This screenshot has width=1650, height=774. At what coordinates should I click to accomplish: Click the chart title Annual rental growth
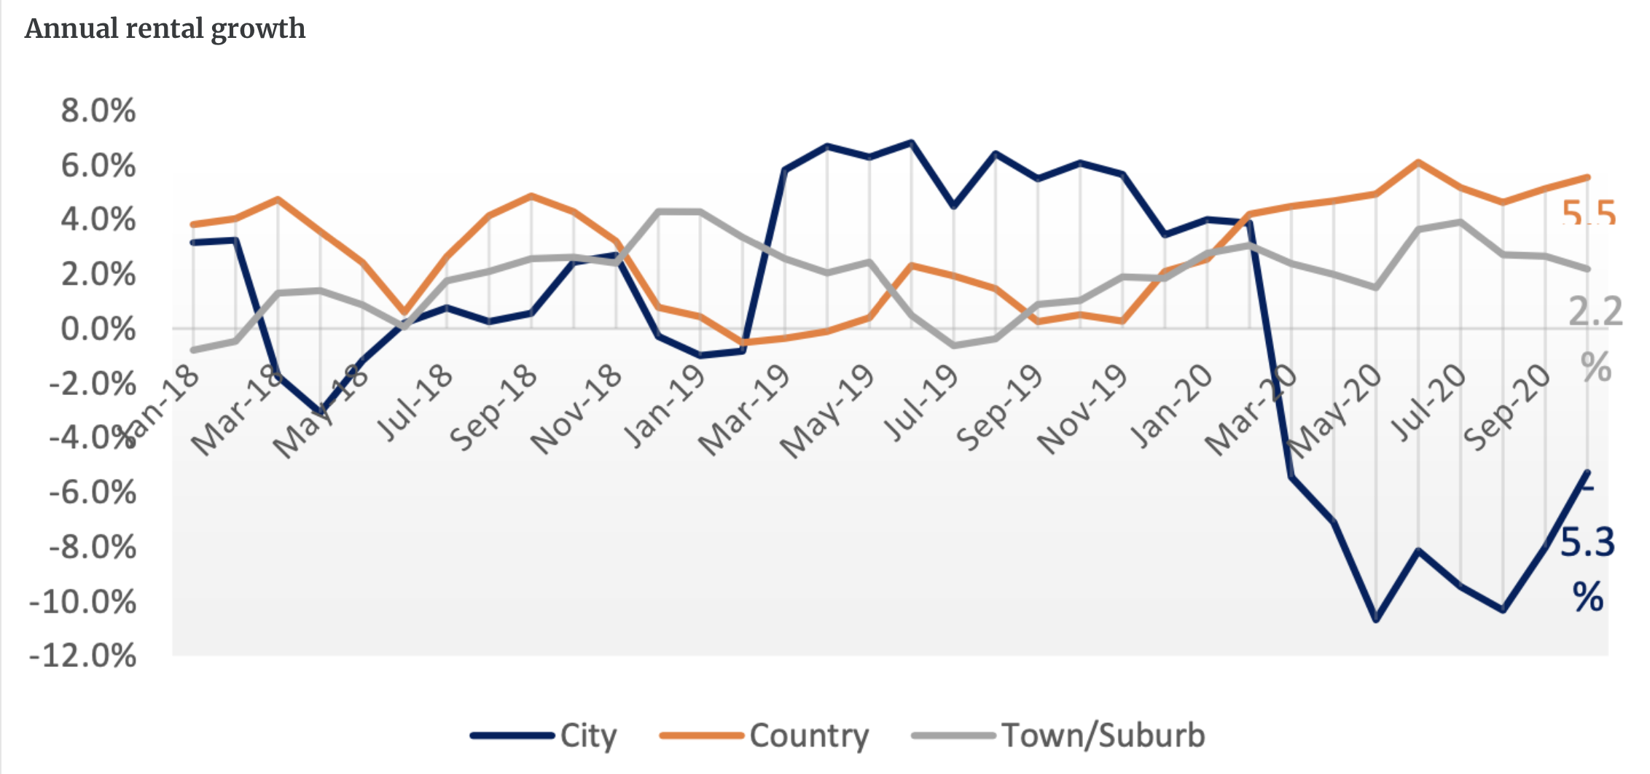[x=165, y=29]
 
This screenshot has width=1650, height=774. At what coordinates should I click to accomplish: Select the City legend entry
[x=587, y=735]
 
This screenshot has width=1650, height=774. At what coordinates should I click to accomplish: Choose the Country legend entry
[x=808, y=735]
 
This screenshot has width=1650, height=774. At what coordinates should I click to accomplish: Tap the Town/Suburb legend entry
[x=1103, y=735]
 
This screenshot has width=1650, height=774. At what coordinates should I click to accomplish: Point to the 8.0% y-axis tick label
[x=98, y=111]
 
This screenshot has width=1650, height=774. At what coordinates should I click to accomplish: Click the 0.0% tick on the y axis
[x=98, y=329]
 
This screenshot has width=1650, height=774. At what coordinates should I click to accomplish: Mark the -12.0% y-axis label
[x=83, y=656]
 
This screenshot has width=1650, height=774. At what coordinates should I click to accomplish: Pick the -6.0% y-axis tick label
[x=93, y=493]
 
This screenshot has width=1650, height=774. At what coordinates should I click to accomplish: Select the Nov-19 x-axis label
[x=1082, y=410]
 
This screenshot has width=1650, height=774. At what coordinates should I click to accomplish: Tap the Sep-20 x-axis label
[x=1506, y=408]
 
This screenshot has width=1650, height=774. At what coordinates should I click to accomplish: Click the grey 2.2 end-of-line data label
[x=1595, y=312]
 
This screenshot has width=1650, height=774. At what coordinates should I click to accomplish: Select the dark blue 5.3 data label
[x=1587, y=543]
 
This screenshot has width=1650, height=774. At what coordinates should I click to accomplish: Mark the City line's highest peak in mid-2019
[x=911, y=142]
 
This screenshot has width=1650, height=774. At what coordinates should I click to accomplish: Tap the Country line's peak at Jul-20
[x=1418, y=162]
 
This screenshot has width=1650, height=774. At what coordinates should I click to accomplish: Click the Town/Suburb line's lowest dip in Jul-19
[x=953, y=345]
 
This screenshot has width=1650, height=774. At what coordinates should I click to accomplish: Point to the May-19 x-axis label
[x=827, y=412]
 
